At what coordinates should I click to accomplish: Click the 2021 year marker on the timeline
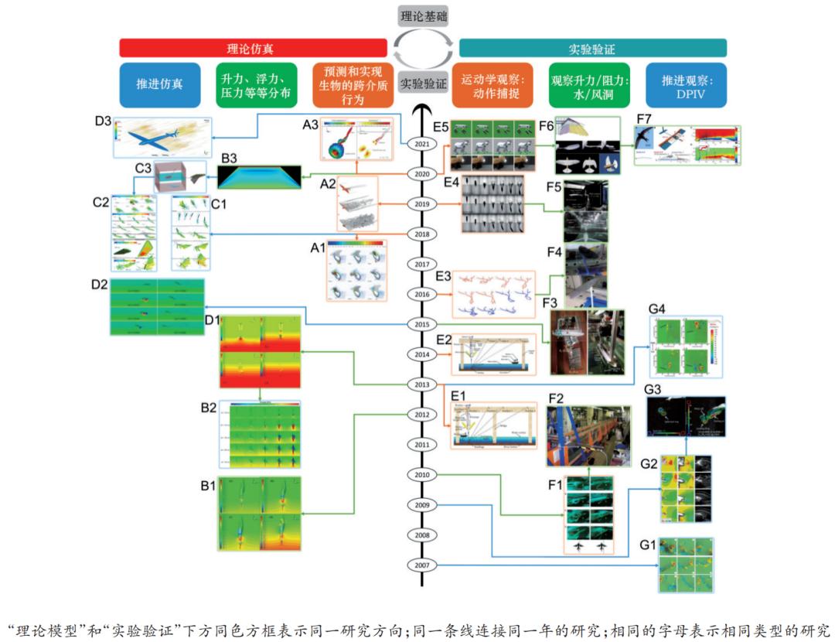422,144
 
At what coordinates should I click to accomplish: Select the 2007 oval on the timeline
422,565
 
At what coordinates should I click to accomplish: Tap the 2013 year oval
422,384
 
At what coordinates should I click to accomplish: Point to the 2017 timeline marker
422,265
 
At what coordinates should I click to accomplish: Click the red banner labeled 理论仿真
253,48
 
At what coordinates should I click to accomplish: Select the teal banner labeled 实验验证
592,48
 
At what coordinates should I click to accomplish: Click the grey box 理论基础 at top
423,15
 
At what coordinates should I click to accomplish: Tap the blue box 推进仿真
159,84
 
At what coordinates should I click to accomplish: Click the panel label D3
104,121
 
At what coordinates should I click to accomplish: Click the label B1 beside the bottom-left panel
208,486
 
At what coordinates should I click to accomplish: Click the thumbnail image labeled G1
686,565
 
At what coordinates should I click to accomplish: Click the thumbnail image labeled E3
493,294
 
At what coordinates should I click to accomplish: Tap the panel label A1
317,248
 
